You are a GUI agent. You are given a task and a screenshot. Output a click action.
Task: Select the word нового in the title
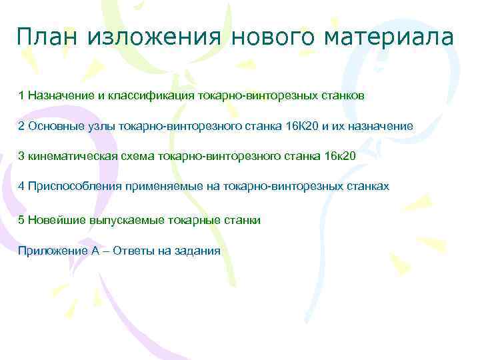267,37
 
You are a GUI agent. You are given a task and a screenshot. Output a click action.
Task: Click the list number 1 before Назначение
21,95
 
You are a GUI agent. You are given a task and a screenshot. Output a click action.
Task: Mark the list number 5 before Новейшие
21,219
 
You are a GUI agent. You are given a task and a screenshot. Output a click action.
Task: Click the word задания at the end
197,251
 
